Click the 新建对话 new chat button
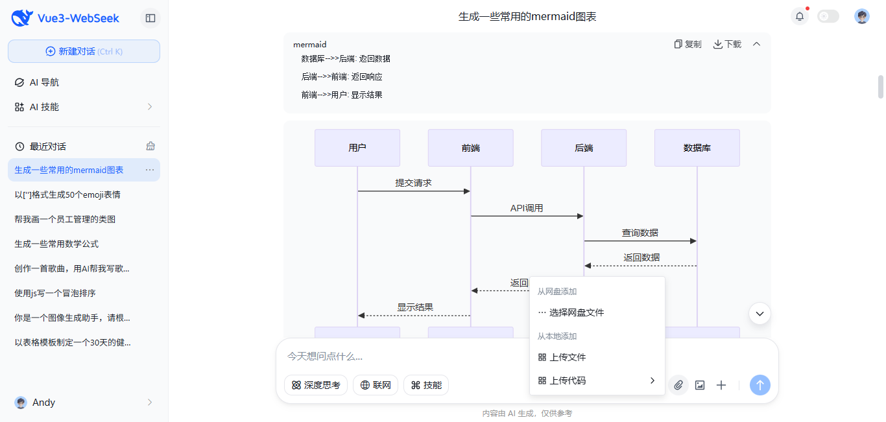[84, 51]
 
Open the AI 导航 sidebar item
[44, 82]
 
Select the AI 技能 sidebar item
[44, 107]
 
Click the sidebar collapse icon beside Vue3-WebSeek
[150, 18]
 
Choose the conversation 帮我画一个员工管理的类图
[65, 219]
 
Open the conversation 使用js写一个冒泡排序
[55, 293]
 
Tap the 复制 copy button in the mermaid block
[688, 44]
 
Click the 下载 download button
[727, 44]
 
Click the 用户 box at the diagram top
[357, 148]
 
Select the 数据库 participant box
[697, 148]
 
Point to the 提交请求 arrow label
[413, 183]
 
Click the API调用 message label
[526, 208]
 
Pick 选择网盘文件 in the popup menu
[577, 312]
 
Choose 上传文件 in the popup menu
[568, 357]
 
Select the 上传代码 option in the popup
[568, 381]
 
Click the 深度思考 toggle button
[316, 385]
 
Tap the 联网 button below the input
[375, 385]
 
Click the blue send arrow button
[760, 385]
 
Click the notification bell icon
[799, 17]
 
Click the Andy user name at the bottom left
[43, 403]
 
